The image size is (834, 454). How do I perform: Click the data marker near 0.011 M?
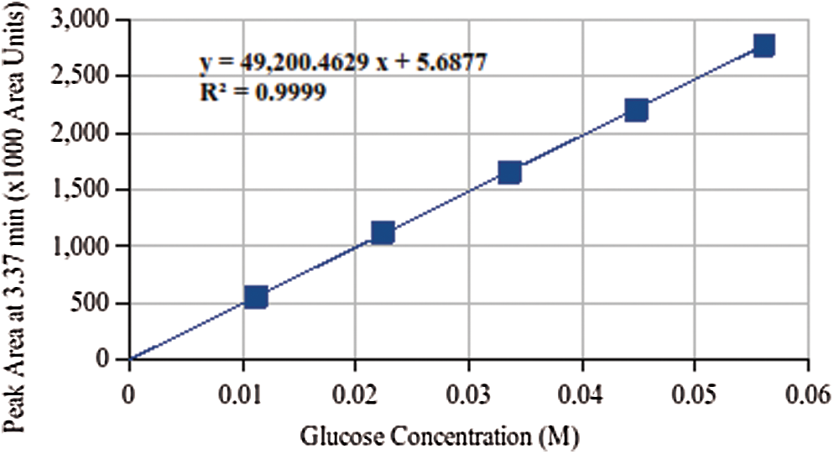tap(256, 296)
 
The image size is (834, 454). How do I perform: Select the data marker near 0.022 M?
tap(383, 232)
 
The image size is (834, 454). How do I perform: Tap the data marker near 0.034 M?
tap(509, 172)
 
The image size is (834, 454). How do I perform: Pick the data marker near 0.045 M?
tap(636, 110)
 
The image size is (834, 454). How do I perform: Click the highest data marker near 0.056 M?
tap(764, 45)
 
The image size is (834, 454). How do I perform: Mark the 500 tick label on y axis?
tap(98, 304)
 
